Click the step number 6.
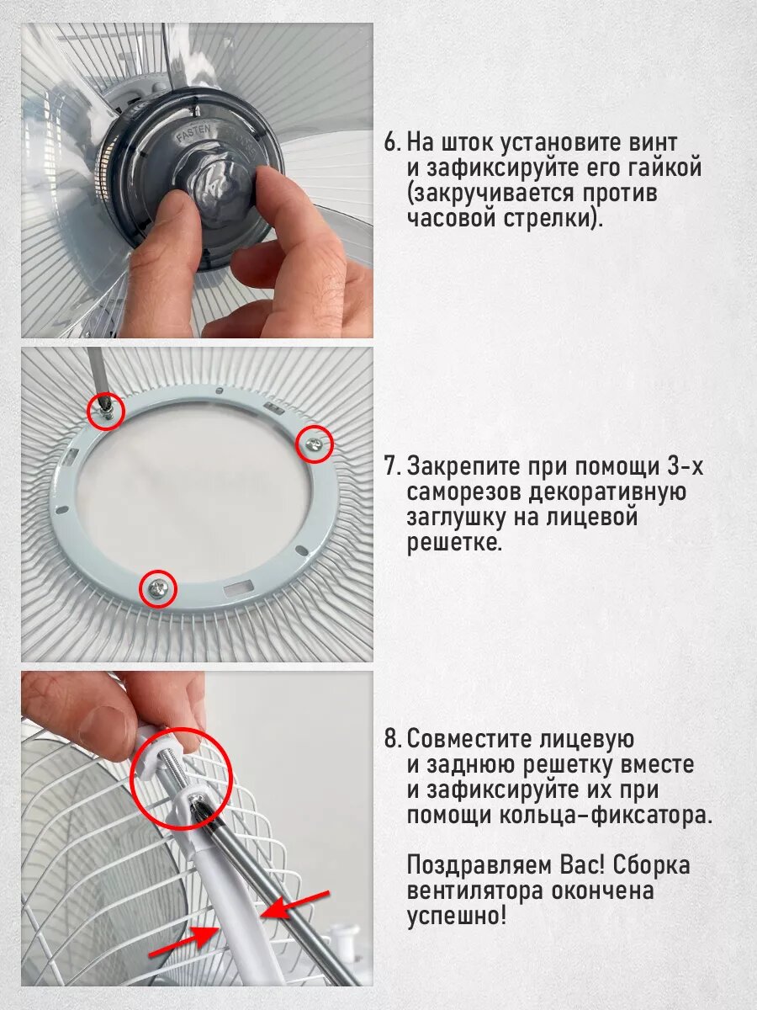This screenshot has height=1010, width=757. [393, 142]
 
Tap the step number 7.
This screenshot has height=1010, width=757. [393, 466]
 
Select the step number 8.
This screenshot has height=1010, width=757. [393, 739]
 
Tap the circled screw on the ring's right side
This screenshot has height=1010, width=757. [314, 444]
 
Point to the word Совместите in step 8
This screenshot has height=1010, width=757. [474, 739]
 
